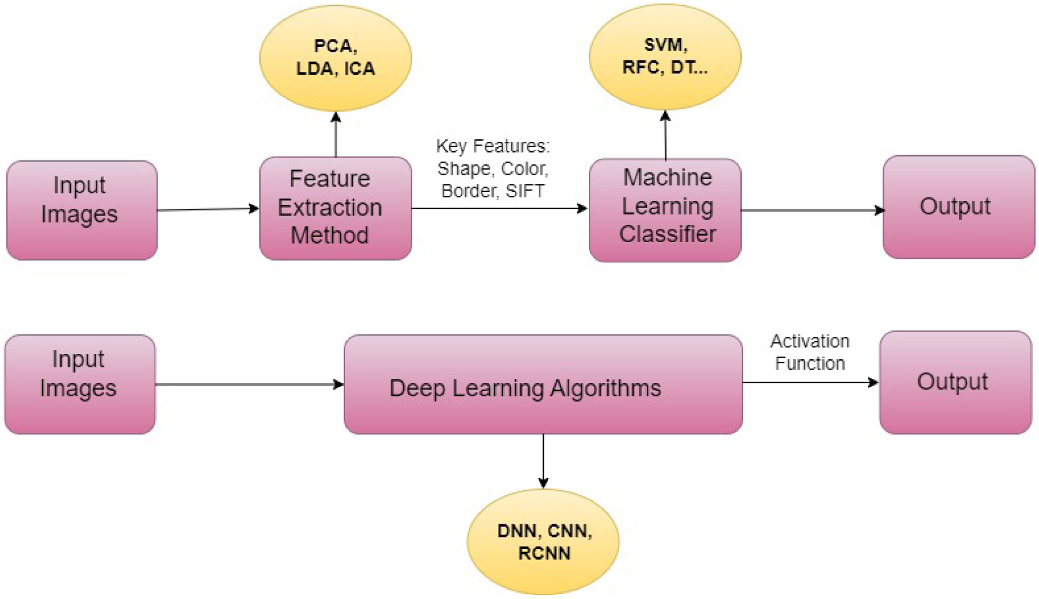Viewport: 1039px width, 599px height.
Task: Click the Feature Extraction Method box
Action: (x=335, y=208)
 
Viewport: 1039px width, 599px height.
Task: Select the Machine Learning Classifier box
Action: (x=665, y=210)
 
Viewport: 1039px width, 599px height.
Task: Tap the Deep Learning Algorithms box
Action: (x=543, y=384)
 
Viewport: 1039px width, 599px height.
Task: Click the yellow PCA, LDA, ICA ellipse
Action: (x=336, y=57)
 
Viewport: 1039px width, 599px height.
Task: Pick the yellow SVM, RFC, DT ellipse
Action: (x=665, y=56)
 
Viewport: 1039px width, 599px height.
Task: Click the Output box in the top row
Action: (x=959, y=207)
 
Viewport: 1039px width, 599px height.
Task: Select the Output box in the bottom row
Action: (x=955, y=382)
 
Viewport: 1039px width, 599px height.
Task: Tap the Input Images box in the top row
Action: (x=82, y=210)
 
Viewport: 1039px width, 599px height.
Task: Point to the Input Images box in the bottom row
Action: (x=80, y=384)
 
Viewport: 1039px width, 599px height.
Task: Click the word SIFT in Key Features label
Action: (x=525, y=191)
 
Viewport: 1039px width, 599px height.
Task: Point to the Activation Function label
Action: (x=810, y=352)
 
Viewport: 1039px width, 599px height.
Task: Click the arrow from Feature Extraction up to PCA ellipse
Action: (x=336, y=135)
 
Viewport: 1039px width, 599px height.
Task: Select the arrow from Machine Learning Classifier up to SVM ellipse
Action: (x=665, y=136)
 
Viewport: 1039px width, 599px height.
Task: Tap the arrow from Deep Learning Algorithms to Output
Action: (x=810, y=382)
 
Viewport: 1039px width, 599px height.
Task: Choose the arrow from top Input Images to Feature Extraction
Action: (x=208, y=209)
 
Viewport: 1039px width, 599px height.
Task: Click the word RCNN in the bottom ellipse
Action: (x=544, y=554)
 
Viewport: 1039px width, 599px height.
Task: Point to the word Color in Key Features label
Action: (x=524, y=168)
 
